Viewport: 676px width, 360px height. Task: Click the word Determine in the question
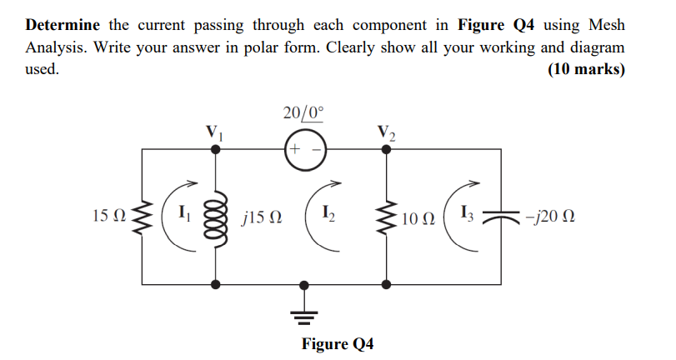63,26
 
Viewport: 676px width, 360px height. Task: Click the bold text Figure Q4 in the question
496,26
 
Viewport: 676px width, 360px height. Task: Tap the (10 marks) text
585,69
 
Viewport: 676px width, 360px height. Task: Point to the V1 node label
215,132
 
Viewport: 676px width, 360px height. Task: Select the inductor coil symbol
216,218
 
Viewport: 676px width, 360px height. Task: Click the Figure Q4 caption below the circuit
337,344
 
